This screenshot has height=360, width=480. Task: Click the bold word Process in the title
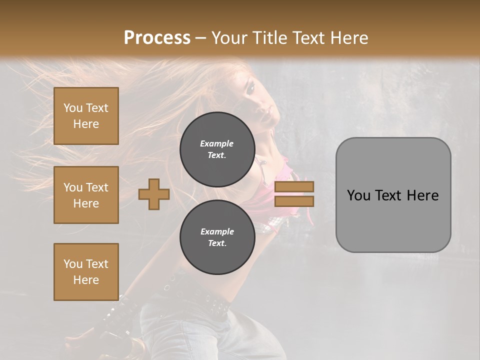(x=157, y=37)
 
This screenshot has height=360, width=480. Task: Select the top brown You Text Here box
(x=86, y=116)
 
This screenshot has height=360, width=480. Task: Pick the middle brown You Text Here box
(x=86, y=195)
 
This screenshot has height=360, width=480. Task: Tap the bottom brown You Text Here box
(x=86, y=271)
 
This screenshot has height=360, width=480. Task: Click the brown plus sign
(x=153, y=194)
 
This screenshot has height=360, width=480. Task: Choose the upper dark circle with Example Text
(x=217, y=149)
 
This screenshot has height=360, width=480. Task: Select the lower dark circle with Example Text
(x=217, y=237)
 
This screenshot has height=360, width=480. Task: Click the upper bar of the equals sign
(x=294, y=186)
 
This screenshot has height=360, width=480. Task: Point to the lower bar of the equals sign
(x=294, y=201)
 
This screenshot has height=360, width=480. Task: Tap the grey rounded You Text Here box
(x=393, y=194)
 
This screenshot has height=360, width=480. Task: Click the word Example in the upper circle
(x=217, y=143)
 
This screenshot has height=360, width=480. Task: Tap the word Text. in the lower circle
(x=217, y=243)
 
